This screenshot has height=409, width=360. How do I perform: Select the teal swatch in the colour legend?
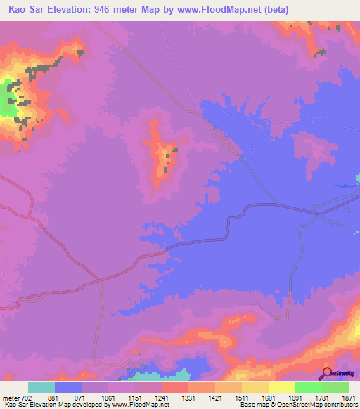pyautogui.click(x=41, y=387)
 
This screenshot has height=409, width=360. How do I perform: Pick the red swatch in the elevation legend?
pyautogui.click(x=175, y=387)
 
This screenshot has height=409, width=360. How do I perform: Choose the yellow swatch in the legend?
pyautogui.click(x=282, y=387)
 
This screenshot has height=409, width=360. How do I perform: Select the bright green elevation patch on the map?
pyautogui.click(x=8, y=98)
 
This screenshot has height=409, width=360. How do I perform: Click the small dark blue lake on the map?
pyautogui.click(x=342, y=186)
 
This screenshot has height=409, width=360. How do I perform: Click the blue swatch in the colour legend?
pyautogui.click(x=68, y=387)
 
